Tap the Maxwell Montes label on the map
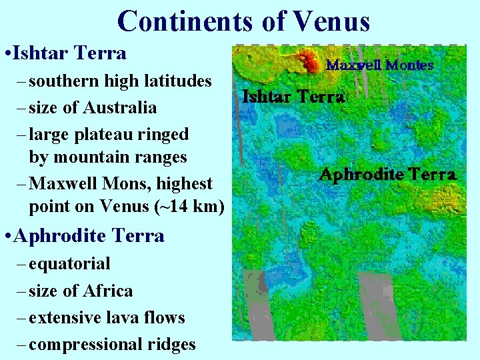(x=379, y=65)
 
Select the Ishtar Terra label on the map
(x=293, y=97)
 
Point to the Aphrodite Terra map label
(x=387, y=175)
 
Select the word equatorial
(x=70, y=263)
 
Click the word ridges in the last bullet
(x=172, y=344)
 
